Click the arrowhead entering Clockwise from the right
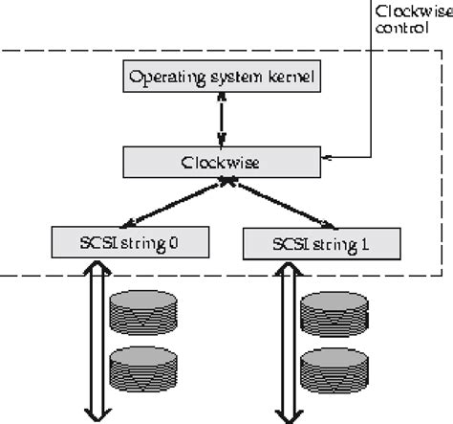point(326,155)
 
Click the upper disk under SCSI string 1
point(332,314)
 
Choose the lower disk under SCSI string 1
point(332,368)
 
